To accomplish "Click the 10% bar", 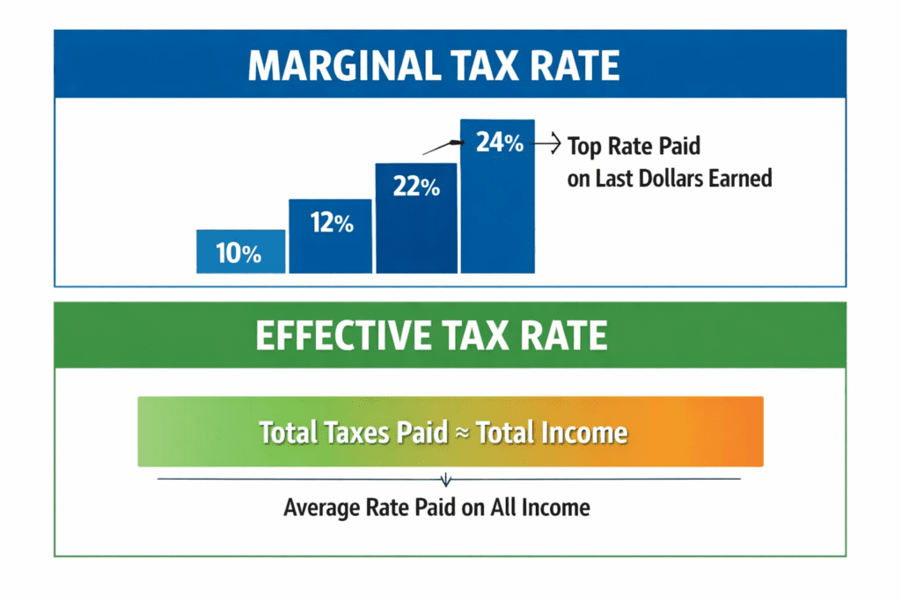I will [x=240, y=252].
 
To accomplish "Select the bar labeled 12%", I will [x=331, y=235].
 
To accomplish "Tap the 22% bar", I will [x=415, y=217].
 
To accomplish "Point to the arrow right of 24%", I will [x=550, y=141].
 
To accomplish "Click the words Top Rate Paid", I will [x=634, y=146].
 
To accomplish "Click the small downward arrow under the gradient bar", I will [x=446, y=480].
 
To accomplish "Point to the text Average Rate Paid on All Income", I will [x=436, y=508].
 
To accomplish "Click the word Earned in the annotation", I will [x=744, y=178].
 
